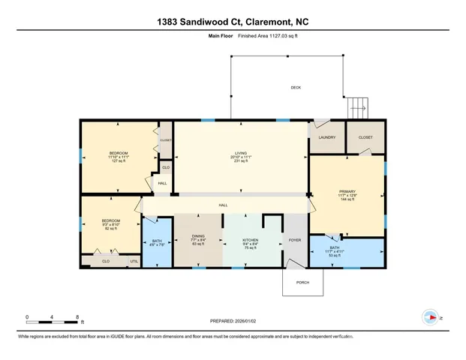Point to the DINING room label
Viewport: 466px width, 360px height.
[199, 239]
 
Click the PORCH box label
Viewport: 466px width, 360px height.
[304, 282]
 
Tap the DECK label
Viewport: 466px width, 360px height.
[296, 88]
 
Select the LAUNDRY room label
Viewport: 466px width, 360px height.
[326, 137]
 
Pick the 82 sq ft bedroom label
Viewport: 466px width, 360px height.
[110, 224]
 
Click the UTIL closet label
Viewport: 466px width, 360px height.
[134, 261]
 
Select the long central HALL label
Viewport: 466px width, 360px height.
[223, 205]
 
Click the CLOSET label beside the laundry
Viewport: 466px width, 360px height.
[365, 137]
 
